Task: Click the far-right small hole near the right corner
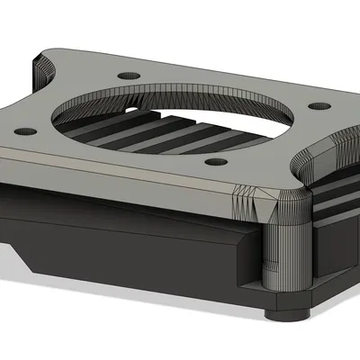pyautogui.click(x=317, y=106)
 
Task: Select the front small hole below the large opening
pyautogui.click(x=213, y=163)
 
